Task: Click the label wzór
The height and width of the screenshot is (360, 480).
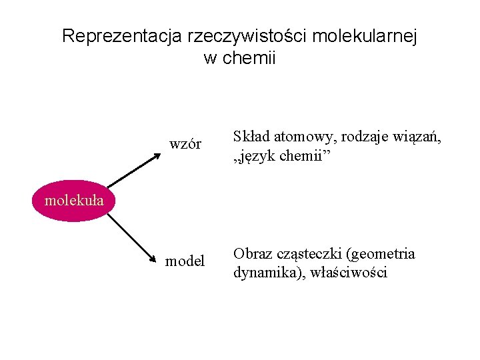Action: point(185,144)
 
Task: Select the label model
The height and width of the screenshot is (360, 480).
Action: point(185,261)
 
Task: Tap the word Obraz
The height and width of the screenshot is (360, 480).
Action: point(251,254)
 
